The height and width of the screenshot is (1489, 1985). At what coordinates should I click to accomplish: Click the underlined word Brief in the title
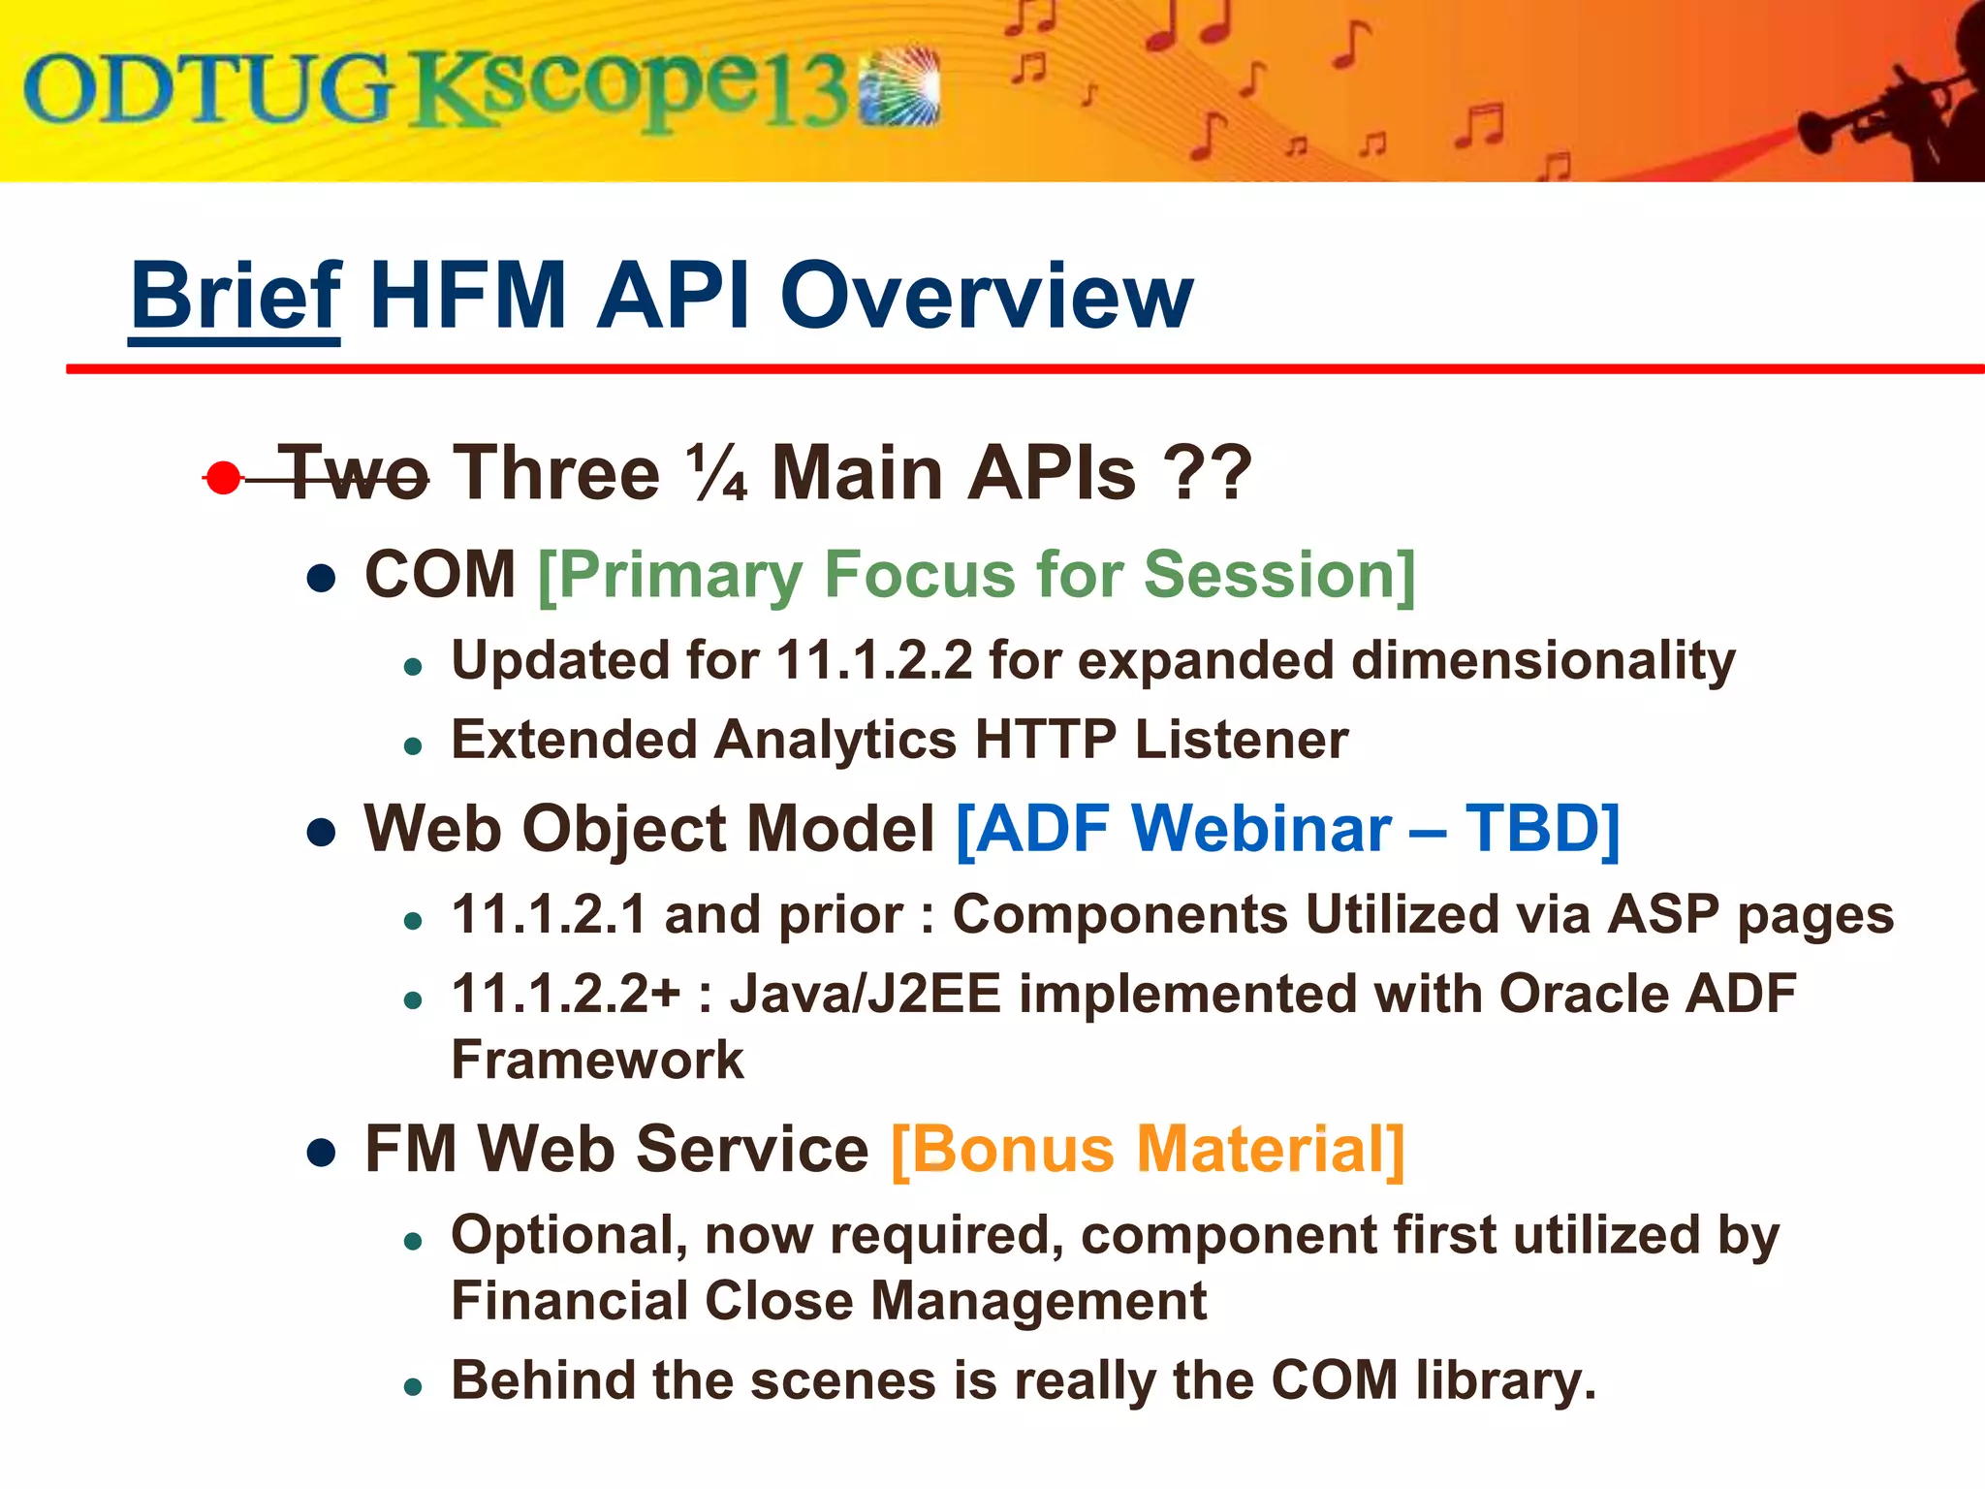[x=235, y=296]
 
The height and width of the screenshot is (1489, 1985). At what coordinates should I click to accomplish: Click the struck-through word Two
[x=354, y=474]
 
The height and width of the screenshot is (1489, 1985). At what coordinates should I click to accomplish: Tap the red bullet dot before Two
[x=224, y=478]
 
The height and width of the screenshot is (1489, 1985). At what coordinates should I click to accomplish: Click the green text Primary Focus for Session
[x=976, y=575]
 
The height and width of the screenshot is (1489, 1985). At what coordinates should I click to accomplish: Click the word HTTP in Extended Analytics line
[x=1045, y=741]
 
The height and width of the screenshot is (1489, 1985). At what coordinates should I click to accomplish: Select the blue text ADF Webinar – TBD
[x=1287, y=830]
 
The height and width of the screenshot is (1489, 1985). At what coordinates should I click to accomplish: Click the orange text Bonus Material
[x=1147, y=1150]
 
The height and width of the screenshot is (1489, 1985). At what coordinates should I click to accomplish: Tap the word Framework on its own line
[x=597, y=1060]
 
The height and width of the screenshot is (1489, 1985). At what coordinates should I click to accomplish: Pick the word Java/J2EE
[x=865, y=995]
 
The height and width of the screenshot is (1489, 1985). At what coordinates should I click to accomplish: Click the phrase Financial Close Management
[x=829, y=1301]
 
